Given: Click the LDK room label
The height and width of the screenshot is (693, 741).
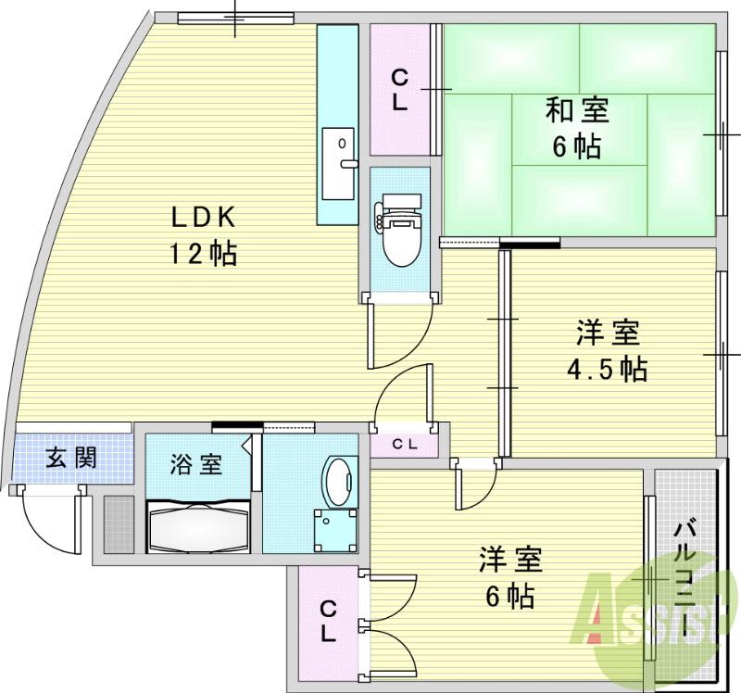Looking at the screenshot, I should pyautogui.click(x=205, y=218).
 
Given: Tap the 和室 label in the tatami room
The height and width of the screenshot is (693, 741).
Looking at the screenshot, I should pyautogui.click(x=576, y=111).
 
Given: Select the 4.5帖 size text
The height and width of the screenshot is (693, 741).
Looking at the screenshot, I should pyautogui.click(x=607, y=369).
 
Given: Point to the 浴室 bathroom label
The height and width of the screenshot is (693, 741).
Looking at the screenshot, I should pyautogui.click(x=195, y=464).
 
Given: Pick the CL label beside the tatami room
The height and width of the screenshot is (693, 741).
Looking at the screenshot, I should pyautogui.click(x=399, y=89).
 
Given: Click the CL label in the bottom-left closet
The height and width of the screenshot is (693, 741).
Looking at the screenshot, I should pyautogui.click(x=328, y=621).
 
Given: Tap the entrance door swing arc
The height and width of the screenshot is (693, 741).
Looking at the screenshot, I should pyautogui.click(x=48, y=522).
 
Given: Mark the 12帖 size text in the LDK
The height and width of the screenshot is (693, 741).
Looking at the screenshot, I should pyautogui.click(x=202, y=253).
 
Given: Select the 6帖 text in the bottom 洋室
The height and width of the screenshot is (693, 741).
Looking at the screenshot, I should pyautogui.click(x=509, y=596).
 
